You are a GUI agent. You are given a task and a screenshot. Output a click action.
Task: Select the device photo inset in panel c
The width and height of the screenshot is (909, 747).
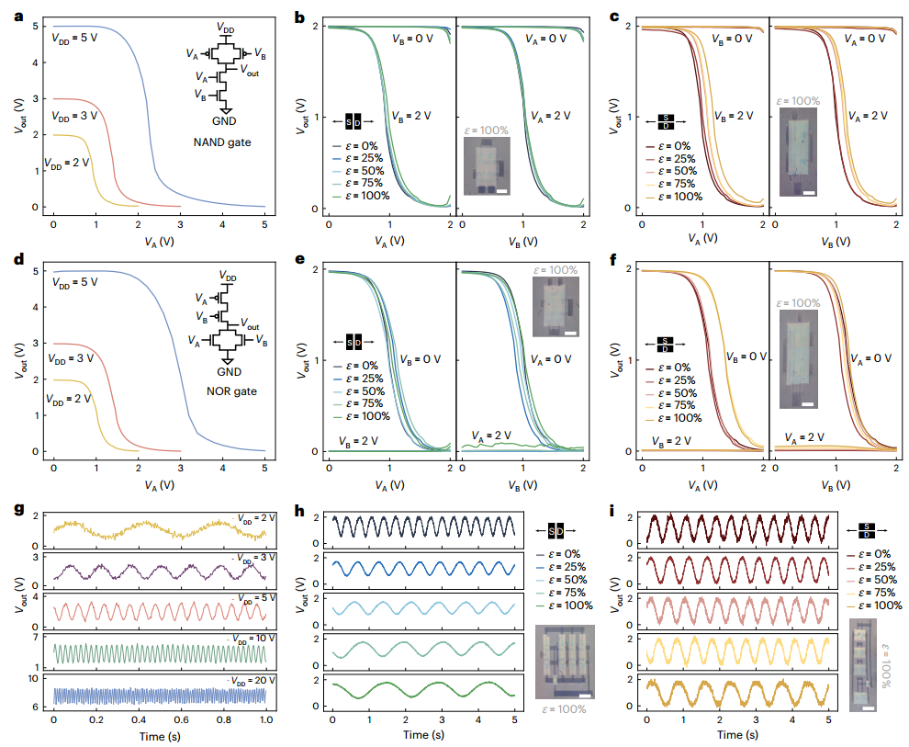(798, 152)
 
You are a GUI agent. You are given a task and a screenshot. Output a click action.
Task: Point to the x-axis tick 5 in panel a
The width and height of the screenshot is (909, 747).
(264, 223)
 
